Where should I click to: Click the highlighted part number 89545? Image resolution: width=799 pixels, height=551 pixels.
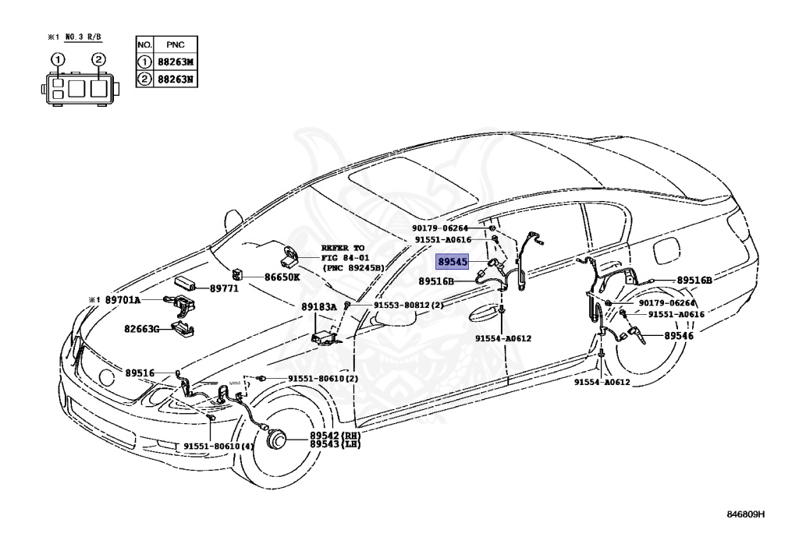click(x=453, y=263)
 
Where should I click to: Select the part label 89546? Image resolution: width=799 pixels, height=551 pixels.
click(x=678, y=336)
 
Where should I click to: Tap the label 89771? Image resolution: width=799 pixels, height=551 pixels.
click(x=225, y=288)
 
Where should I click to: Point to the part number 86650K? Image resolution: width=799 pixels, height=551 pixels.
click(x=283, y=276)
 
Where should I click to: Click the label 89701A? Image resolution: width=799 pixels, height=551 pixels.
click(x=123, y=299)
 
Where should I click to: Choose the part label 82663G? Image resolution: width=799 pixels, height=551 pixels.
click(x=140, y=329)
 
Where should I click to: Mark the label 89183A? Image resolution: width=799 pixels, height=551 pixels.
click(x=318, y=307)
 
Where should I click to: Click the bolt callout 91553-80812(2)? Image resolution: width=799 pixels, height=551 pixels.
click(x=407, y=305)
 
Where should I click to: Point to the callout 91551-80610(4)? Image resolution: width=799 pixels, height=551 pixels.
click(x=218, y=447)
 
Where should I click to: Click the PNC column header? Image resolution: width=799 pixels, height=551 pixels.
click(x=174, y=45)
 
